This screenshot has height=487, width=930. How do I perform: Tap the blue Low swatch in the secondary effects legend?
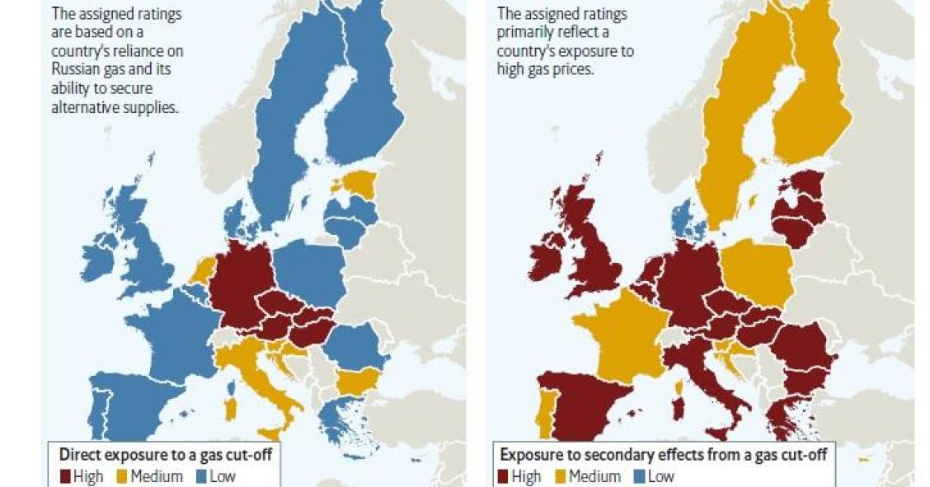(x=639, y=476)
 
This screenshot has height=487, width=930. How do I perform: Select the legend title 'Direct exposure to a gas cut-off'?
(x=165, y=454)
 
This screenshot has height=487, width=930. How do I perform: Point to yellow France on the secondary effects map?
(x=627, y=338)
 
